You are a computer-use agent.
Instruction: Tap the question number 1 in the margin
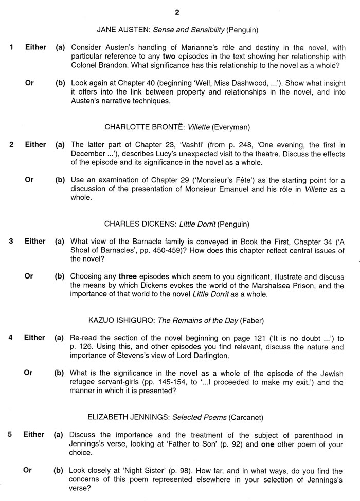11,47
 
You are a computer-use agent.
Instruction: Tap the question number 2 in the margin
11,145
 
